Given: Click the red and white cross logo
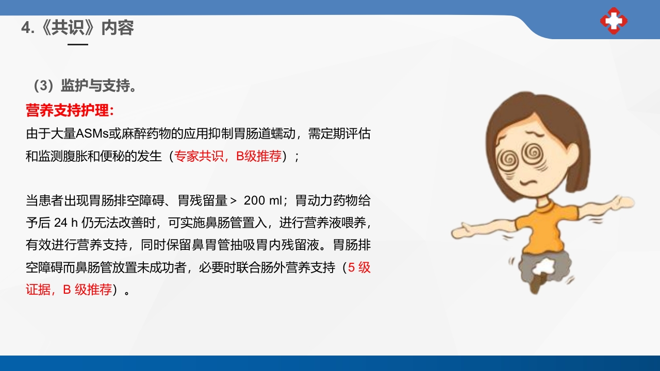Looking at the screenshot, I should (x=614, y=21).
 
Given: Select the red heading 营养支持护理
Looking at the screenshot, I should (x=69, y=110).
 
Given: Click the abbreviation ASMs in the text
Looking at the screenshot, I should (x=91, y=133).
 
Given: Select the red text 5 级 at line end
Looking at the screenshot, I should (x=359, y=267).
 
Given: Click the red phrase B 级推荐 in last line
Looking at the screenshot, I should (x=87, y=290).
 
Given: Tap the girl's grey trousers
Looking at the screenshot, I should (x=541, y=265).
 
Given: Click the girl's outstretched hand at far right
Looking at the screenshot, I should (x=621, y=201).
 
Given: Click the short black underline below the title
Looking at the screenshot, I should (x=78, y=44).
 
